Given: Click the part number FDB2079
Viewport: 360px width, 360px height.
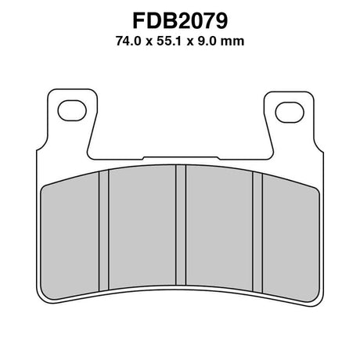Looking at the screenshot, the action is click(x=180, y=21).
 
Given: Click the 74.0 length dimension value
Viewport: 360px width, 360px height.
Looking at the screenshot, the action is click(x=128, y=41).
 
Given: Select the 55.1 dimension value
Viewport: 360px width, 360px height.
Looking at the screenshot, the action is click(x=169, y=41).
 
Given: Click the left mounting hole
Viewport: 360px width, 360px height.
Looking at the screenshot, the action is click(x=72, y=110).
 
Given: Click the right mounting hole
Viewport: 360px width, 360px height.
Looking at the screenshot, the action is click(x=290, y=113).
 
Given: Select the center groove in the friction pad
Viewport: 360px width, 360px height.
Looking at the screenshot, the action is click(x=181, y=225).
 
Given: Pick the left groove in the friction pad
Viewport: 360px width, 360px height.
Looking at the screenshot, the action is click(x=104, y=230).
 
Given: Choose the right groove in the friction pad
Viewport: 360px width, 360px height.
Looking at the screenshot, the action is click(x=257, y=232).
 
